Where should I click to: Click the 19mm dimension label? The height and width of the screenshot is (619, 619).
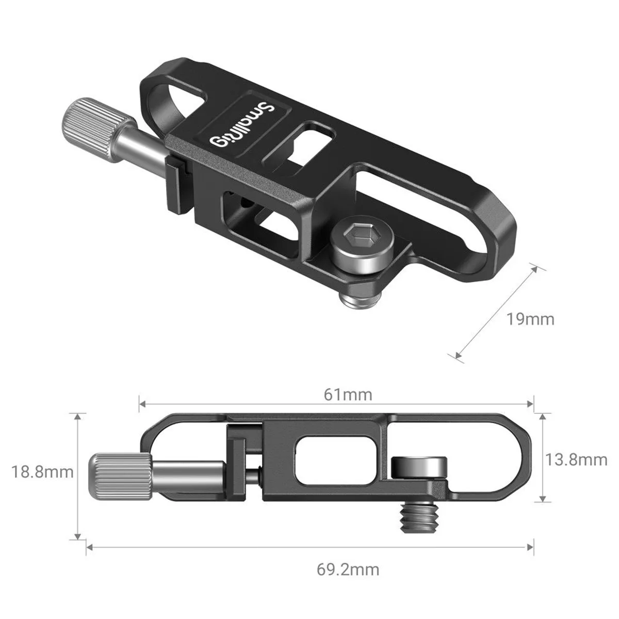click(530, 319)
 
